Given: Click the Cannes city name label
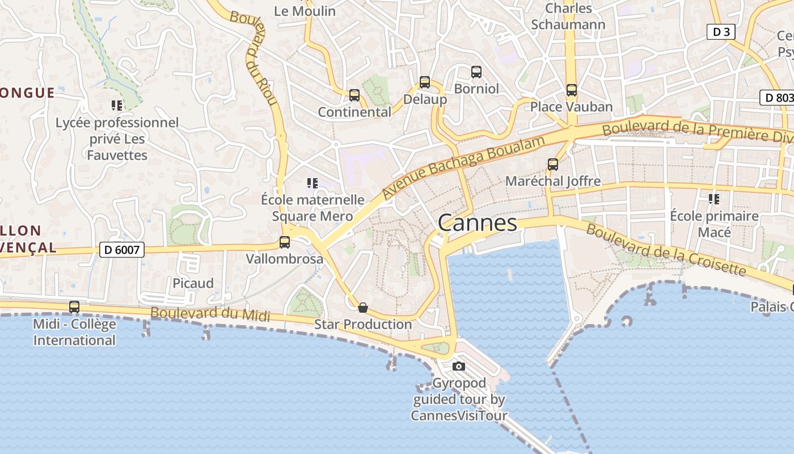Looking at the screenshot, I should pos(478,222).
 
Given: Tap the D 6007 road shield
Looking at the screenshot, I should pos(122,249).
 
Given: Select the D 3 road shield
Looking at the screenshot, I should pos(721,32).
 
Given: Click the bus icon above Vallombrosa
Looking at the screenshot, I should pos(285,242).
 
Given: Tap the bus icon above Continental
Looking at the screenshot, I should pos(354,95).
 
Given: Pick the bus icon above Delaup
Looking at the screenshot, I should pos(425,82).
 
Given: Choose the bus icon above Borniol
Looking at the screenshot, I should pos(476,72).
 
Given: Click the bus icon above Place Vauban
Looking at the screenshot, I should pos(572,90).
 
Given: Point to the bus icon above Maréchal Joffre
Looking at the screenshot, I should pos(553,165).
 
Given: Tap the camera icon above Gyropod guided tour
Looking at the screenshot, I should pos(459,366).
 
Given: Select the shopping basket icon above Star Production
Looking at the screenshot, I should pos(363,308).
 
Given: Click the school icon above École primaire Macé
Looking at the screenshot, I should pos(714,199).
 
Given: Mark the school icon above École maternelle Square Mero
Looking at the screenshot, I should pos(312,183).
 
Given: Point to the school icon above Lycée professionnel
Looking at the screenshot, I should pos(117,105).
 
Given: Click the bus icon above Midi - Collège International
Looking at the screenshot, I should pos(74,307).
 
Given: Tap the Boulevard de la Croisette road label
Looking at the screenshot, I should pos(666,250).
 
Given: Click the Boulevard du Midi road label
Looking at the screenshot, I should pos(210,314).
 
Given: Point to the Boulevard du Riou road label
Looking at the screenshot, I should pos(254,57).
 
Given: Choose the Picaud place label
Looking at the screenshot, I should pos(193,283).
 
